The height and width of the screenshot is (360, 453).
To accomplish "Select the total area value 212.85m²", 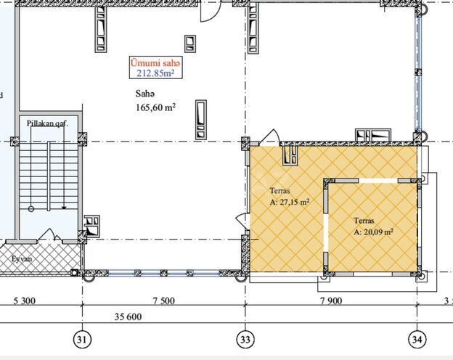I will tap(153, 73).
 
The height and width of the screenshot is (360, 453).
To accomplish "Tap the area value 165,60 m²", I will tap(156, 107).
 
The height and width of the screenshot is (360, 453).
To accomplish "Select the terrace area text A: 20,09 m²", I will tap(373, 232).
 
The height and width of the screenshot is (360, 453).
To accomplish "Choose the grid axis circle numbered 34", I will tap(417, 339).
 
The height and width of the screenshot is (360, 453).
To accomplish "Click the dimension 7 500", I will tap(164, 300).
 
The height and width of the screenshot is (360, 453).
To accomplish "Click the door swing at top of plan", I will tap(209, 10).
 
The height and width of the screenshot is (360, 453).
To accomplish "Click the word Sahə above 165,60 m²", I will tap(145, 94).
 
